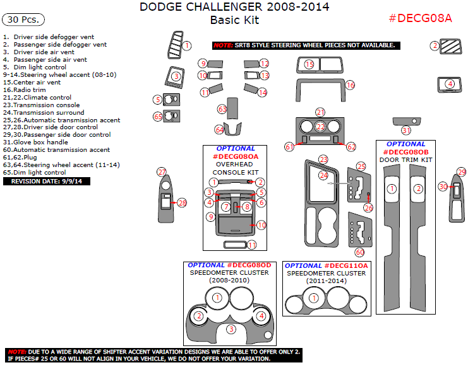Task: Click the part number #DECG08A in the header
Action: [420, 18]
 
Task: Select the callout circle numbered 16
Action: [350, 84]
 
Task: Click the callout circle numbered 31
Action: [406, 130]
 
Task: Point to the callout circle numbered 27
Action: [162, 172]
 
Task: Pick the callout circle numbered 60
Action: [359, 252]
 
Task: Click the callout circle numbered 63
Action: [222, 109]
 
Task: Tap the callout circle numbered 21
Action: [320, 112]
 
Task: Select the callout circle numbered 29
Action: [461, 172]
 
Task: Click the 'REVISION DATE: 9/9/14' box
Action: [46, 182]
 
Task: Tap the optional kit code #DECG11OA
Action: [345, 265]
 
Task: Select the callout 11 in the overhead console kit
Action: [251, 245]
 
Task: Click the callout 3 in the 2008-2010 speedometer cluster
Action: [231, 329]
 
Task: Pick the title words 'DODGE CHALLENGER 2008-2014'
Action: [234, 7]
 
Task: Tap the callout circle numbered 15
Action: [309, 64]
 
